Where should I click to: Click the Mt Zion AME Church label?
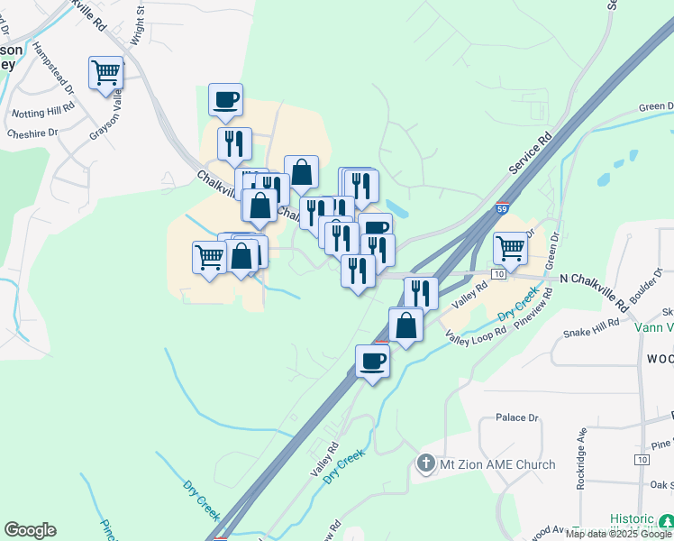(497, 465)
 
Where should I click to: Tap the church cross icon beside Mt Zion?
(426, 464)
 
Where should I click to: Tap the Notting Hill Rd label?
(43, 114)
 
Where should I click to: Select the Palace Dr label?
(516, 418)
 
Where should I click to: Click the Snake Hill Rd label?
(590, 327)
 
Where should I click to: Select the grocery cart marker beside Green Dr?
(510, 248)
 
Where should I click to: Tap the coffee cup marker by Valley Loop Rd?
(372, 362)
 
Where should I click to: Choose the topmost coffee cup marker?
(225, 99)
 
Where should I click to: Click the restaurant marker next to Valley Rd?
(420, 292)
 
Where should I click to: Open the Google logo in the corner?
(30, 530)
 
